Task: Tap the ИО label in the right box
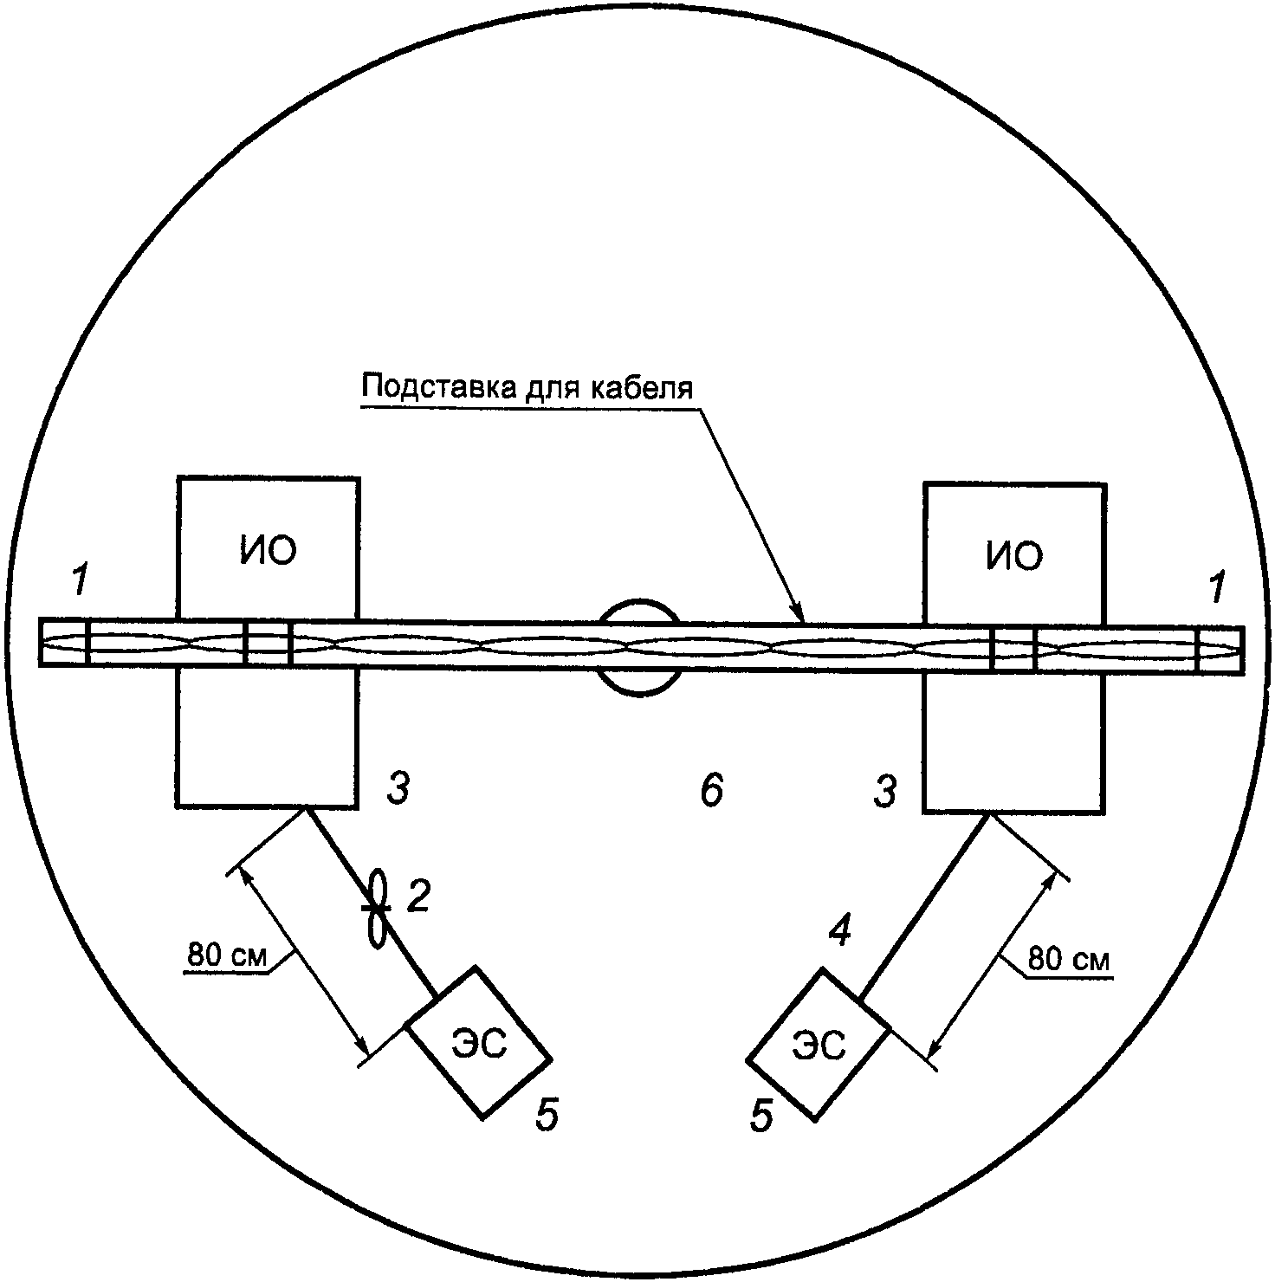pos(1013,556)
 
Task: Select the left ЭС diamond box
pos(478,1043)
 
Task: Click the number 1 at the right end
pos(1217,589)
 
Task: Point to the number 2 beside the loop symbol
pos(418,897)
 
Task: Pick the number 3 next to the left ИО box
pos(397,789)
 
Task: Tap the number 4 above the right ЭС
pos(839,931)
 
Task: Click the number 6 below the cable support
pos(711,791)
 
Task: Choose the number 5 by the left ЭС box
pos(547,1115)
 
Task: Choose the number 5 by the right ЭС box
pos(760,1117)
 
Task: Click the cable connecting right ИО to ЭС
pos(927,905)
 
